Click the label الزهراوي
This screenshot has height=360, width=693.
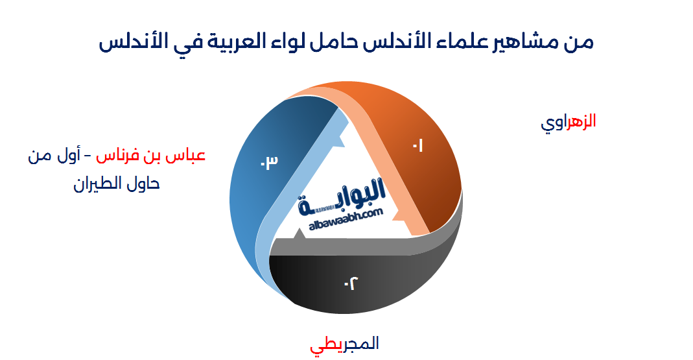tap(568, 122)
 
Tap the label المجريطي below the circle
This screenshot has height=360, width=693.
tap(344, 344)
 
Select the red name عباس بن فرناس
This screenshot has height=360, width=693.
tap(151, 156)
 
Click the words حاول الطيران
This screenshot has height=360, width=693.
tap(117, 184)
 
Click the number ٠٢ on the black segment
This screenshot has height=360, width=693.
tap(351, 283)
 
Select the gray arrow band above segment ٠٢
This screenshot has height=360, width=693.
tap(363, 245)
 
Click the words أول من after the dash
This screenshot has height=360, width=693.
tap(53, 156)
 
